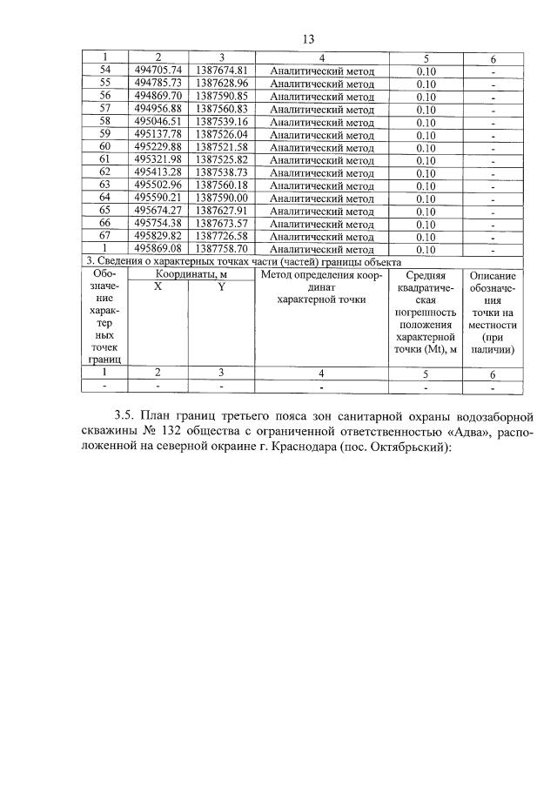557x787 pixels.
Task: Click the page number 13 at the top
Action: (x=307, y=39)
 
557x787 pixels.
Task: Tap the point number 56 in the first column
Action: (x=105, y=96)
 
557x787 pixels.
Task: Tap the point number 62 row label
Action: (x=105, y=173)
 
